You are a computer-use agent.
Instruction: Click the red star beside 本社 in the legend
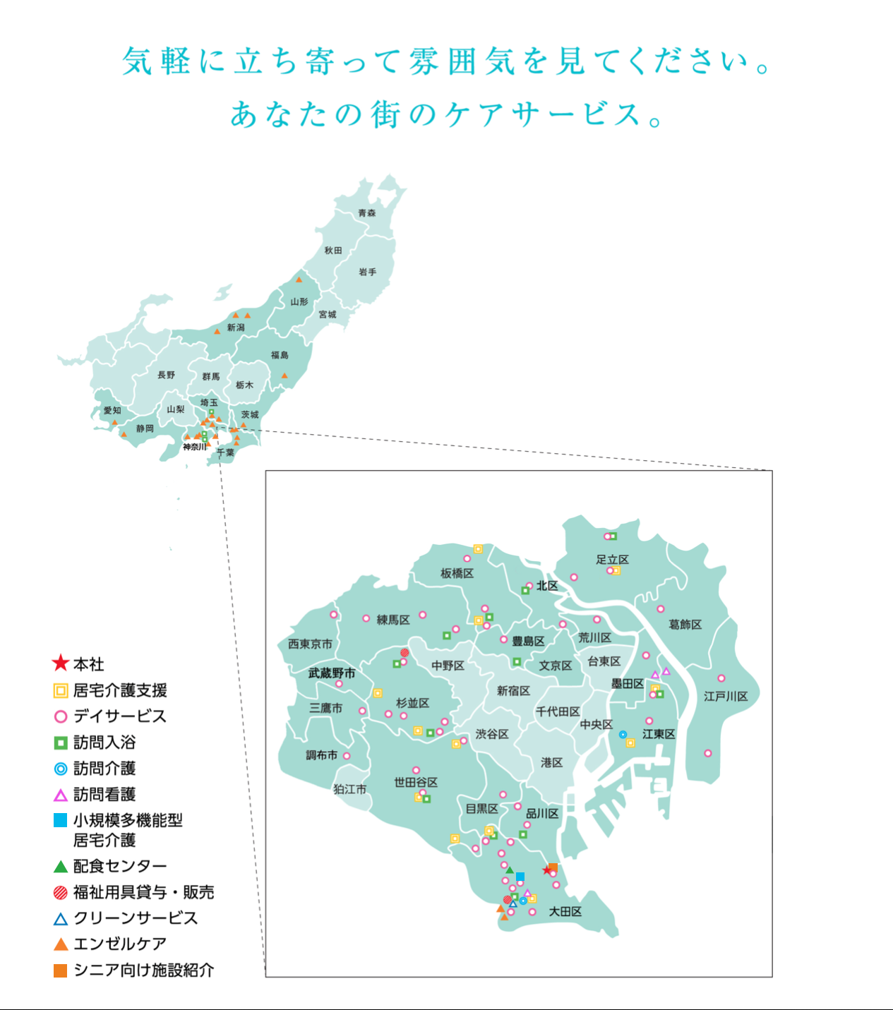click(61, 663)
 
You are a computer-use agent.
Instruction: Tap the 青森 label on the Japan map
click(366, 212)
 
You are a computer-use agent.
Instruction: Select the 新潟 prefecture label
click(236, 327)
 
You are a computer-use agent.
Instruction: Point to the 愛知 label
click(112, 410)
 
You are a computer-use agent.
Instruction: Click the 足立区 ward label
click(612, 560)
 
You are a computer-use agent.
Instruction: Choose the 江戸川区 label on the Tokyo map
click(726, 696)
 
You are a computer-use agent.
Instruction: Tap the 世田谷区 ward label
click(416, 782)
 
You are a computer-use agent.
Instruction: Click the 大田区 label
click(565, 911)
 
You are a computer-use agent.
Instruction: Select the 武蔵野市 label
click(332, 673)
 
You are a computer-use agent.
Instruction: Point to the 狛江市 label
click(350, 789)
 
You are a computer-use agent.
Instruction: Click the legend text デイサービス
click(120, 716)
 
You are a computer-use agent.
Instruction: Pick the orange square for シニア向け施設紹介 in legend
click(61, 970)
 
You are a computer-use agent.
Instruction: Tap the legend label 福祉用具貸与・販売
click(143, 892)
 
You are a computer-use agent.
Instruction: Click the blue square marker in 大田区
click(520, 877)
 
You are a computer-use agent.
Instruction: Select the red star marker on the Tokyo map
click(546, 870)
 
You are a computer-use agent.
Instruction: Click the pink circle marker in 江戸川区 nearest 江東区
click(708, 753)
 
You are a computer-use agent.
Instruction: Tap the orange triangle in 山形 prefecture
click(299, 280)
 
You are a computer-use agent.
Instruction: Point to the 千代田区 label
click(558, 711)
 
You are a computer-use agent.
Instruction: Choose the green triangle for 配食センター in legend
click(61, 867)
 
